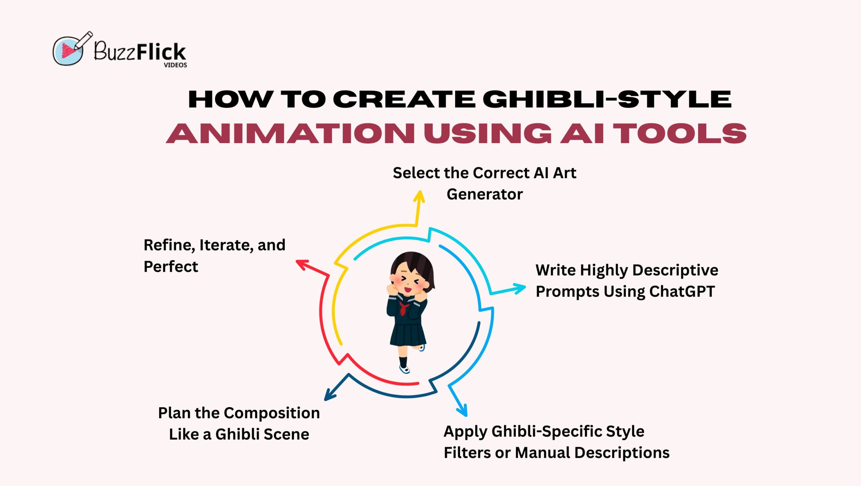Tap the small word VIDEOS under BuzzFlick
tap(175, 65)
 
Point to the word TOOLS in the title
tap(680, 133)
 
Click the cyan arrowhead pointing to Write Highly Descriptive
tap(519, 289)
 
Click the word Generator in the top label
tap(485, 194)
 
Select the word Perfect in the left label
tap(171, 267)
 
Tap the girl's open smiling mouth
tap(408, 289)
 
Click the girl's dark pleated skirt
tap(408, 334)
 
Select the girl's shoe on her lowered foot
tap(405, 369)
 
